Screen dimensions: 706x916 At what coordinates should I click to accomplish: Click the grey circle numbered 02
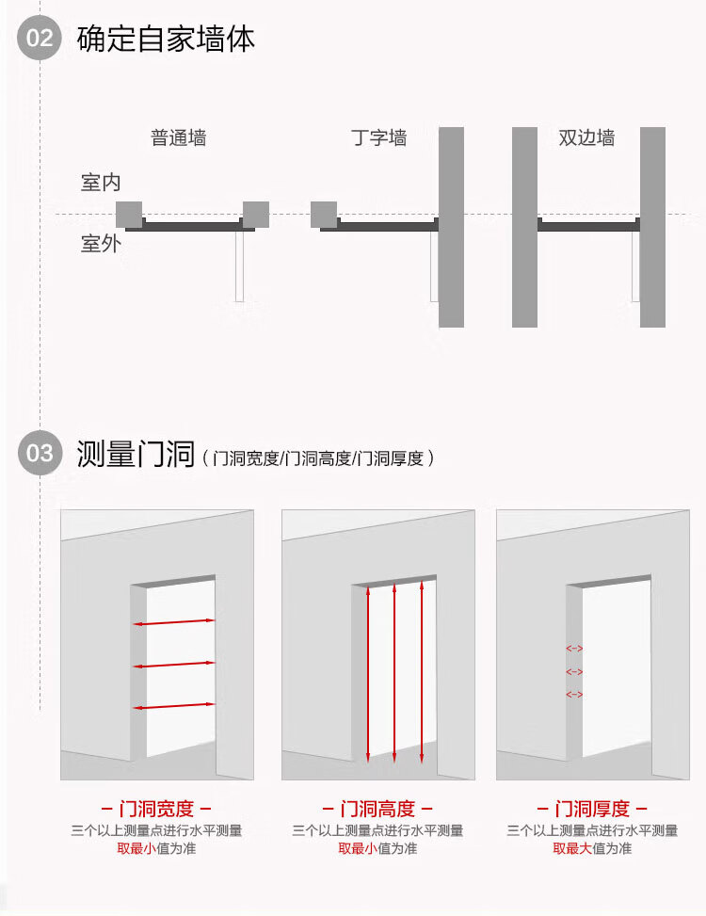click(40, 38)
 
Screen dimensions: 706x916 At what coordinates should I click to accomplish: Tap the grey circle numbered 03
click(40, 454)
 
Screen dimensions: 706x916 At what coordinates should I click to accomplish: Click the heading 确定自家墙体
click(166, 40)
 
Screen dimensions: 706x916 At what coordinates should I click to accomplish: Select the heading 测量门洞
click(136, 454)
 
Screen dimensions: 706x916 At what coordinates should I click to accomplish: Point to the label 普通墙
click(178, 137)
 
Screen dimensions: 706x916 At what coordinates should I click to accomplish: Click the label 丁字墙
click(379, 137)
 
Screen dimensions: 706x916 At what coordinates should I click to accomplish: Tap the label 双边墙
click(586, 137)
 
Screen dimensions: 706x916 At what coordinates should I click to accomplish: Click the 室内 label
click(101, 183)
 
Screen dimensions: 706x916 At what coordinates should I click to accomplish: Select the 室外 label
click(101, 244)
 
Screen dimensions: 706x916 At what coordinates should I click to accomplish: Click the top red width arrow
click(174, 622)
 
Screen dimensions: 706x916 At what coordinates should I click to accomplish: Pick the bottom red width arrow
click(174, 706)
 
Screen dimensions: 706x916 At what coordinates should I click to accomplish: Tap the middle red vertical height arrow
click(394, 673)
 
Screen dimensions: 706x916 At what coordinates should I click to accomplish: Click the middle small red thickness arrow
click(574, 672)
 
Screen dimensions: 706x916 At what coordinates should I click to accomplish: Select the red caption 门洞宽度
click(156, 809)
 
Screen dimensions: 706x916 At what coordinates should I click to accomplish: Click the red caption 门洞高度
click(377, 809)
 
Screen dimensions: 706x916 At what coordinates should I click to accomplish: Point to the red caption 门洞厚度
click(592, 809)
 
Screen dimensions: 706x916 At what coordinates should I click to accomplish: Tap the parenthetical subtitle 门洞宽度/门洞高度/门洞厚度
click(317, 458)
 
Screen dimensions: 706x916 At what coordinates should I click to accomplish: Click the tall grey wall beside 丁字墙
click(452, 227)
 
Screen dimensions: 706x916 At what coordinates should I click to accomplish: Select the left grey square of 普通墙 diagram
click(129, 215)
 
